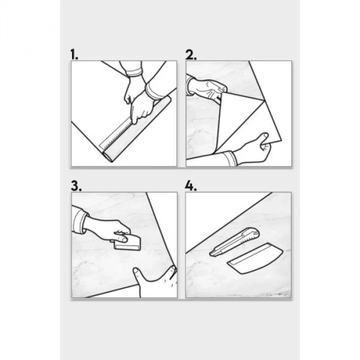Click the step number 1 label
click(74, 55)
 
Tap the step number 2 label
click(191, 55)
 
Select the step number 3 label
click(76, 186)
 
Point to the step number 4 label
click(191, 186)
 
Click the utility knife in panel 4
click(235, 242)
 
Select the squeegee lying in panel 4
click(255, 258)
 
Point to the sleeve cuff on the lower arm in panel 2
click(230, 159)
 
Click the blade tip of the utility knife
click(210, 255)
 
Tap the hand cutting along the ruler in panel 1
click(140, 107)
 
